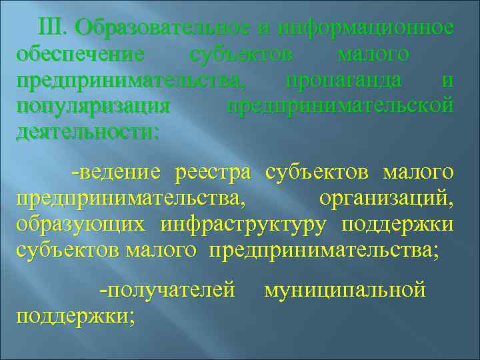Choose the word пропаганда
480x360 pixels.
point(343,80)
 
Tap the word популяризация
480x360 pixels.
point(93,106)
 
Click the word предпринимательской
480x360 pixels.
point(340,106)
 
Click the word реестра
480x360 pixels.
point(213,173)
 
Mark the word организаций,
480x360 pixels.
point(386,198)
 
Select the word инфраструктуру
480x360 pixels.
point(243,224)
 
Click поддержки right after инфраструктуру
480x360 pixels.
point(398,224)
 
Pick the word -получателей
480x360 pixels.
point(166,290)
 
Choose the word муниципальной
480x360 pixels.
point(345,290)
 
